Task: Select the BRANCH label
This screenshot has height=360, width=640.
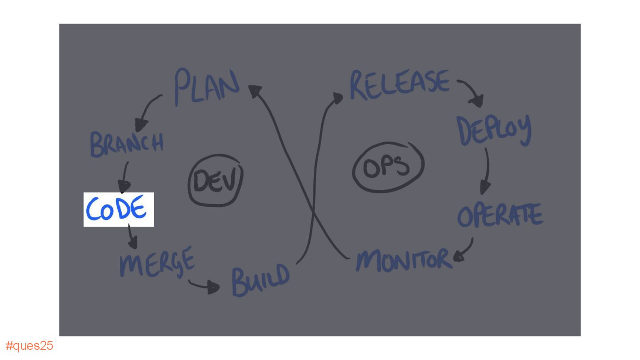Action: coord(127,143)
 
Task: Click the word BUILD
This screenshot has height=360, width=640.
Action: coord(260,280)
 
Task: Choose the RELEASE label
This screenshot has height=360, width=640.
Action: coord(399,84)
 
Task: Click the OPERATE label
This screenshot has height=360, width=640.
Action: coord(500,216)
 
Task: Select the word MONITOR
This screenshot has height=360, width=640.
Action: coord(404,260)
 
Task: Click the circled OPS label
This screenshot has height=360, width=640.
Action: coord(388,167)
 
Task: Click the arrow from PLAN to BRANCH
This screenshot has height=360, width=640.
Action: coord(148,111)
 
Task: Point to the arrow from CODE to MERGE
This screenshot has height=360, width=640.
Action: coord(132,237)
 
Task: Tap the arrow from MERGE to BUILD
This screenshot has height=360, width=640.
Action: coord(205,286)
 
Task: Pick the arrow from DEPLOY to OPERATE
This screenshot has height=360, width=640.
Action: coord(487,171)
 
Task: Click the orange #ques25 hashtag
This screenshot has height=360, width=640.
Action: coord(29,346)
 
